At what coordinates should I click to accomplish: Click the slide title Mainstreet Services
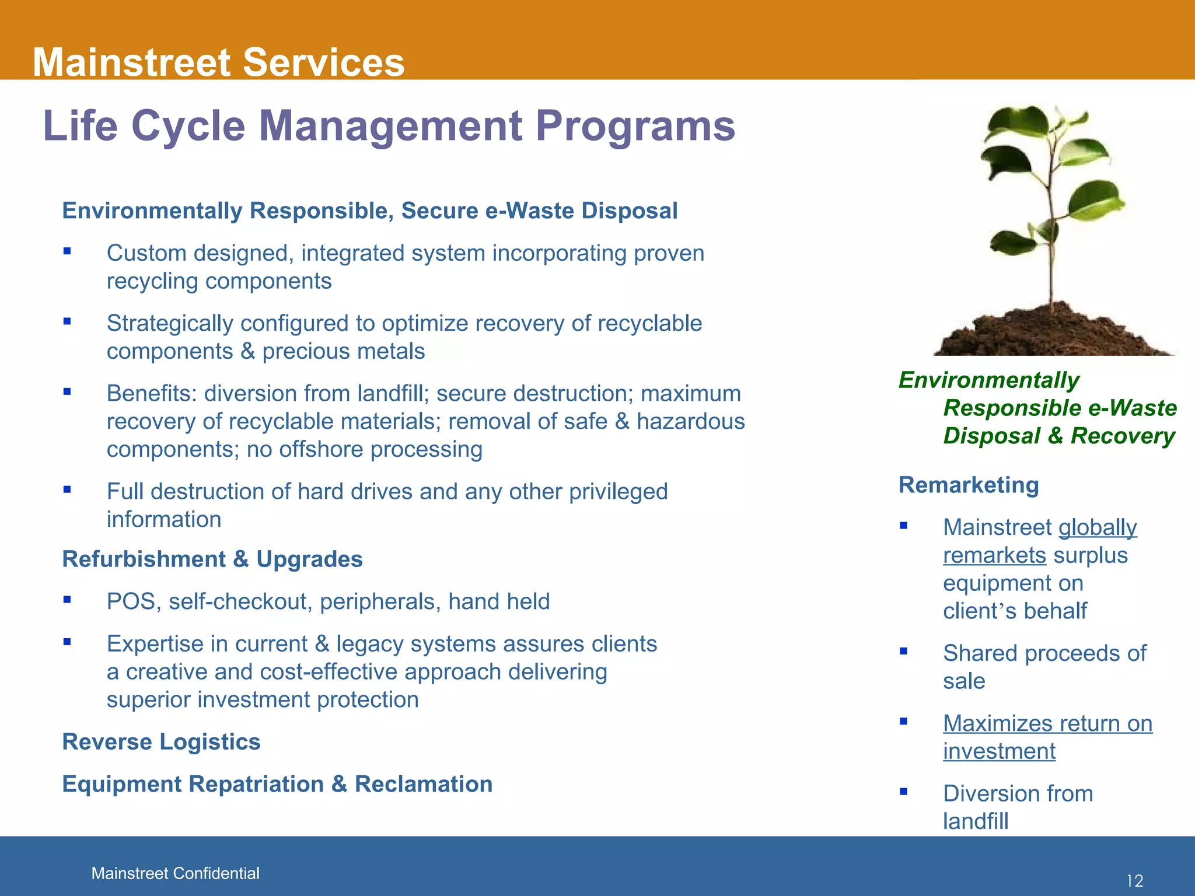pyautogui.click(x=218, y=62)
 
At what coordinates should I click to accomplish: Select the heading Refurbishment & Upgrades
pyautogui.click(x=212, y=559)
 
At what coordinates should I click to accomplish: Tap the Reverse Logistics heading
pyautogui.click(x=161, y=741)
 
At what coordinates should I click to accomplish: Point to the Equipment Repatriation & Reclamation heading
pyautogui.click(x=277, y=784)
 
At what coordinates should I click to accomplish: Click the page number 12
pyautogui.click(x=1134, y=881)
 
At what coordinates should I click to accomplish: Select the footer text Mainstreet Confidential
pyautogui.click(x=175, y=873)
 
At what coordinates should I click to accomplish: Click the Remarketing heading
pyautogui.click(x=969, y=485)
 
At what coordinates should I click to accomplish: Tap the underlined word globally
pyautogui.click(x=1098, y=527)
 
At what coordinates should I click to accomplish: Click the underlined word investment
pyautogui.click(x=999, y=751)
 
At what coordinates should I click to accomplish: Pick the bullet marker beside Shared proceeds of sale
pyautogui.click(x=903, y=651)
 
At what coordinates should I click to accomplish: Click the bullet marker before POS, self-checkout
pyautogui.click(x=67, y=599)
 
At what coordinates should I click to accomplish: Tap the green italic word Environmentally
pyautogui.click(x=988, y=380)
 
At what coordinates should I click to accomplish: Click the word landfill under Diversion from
pyautogui.click(x=976, y=821)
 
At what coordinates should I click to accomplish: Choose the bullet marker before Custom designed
pyautogui.click(x=67, y=251)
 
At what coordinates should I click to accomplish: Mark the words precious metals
pyautogui.click(x=343, y=352)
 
